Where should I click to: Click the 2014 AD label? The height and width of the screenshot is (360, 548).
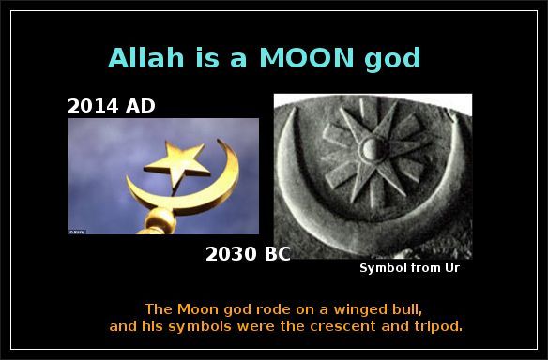pos(112,106)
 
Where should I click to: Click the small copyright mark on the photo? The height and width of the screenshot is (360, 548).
pos(75,230)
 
